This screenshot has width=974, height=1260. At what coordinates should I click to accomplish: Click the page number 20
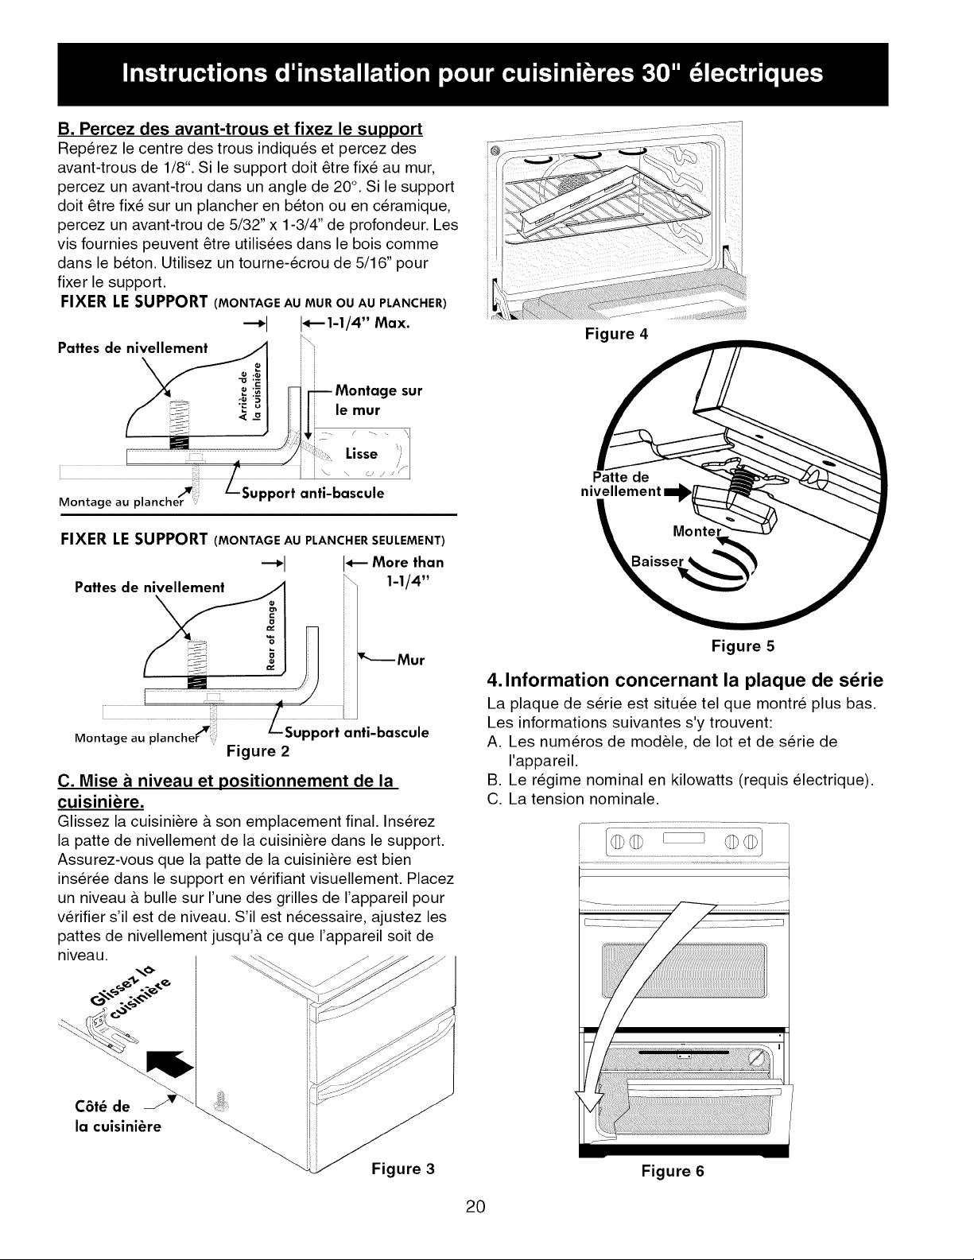[475, 1207]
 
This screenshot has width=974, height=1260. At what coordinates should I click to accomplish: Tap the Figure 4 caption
[615, 334]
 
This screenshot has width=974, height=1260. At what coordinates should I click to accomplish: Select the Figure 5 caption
[743, 646]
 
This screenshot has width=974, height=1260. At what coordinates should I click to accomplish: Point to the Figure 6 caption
[673, 1171]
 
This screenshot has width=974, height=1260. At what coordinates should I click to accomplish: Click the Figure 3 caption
[403, 1169]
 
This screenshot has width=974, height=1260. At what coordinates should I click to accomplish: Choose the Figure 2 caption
[258, 751]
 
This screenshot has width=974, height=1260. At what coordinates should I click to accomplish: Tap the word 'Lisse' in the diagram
[361, 453]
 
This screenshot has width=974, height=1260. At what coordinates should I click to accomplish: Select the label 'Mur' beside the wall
[410, 661]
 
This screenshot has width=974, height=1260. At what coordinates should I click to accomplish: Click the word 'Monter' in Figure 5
[697, 531]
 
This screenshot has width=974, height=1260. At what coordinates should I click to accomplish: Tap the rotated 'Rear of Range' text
[271, 635]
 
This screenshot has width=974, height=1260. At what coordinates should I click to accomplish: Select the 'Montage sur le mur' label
[378, 400]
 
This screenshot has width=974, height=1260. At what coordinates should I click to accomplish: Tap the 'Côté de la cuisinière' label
[118, 1117]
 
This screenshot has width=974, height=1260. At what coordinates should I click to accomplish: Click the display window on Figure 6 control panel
[684, 838]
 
